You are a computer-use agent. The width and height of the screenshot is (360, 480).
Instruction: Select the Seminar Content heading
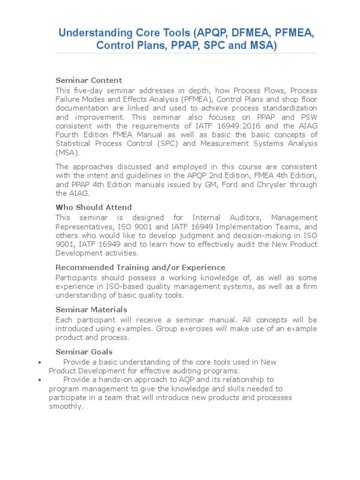click(89, 80)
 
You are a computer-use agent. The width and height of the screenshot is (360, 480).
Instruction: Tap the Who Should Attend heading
click(94, 207)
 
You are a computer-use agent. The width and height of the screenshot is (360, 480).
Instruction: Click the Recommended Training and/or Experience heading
click(140, 267)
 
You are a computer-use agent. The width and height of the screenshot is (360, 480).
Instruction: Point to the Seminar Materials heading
click(91, 309)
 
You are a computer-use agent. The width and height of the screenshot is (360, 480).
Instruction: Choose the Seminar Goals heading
click(84, 352)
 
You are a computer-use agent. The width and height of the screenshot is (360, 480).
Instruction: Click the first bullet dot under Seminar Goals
click(40, 362)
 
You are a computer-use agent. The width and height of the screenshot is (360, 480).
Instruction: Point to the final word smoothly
click(66, 406)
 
